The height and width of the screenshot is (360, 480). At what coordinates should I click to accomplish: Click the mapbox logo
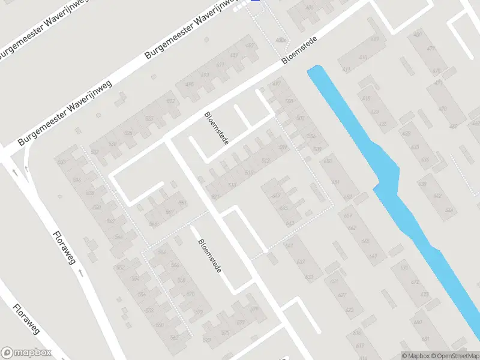26,353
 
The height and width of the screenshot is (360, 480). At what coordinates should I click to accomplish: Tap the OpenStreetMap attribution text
454,356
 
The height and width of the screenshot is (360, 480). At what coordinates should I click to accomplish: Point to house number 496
190,84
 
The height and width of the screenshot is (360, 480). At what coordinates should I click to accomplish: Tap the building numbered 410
362,58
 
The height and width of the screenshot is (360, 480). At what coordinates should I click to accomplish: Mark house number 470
443,109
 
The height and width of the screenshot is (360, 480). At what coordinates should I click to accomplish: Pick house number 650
327,161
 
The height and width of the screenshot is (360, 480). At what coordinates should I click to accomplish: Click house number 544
119,237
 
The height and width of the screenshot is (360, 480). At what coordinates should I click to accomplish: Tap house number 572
199,312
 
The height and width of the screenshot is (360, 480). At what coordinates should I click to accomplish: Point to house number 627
342,295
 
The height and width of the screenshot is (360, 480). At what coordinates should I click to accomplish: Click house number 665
365,241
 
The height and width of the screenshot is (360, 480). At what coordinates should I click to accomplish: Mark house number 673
424,295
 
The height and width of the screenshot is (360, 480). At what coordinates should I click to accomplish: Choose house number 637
301,262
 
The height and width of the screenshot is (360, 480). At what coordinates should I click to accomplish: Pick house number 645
283,208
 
